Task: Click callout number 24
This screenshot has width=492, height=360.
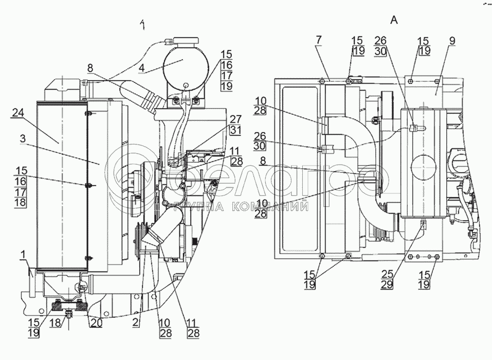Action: tap(17, 117)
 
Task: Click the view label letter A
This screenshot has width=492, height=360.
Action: tap(394, 20)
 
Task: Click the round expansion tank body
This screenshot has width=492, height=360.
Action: tap(185, 67)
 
